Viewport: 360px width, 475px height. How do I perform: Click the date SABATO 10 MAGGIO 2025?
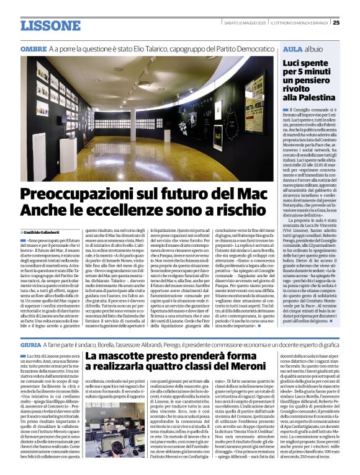point(241,23)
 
